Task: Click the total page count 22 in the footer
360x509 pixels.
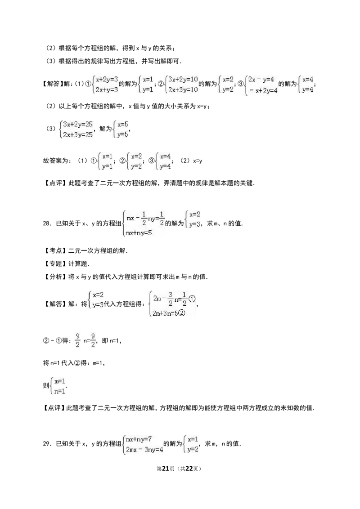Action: point(189,469)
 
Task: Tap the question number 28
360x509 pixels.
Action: point(46,223)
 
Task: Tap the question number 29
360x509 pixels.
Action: point(46,443)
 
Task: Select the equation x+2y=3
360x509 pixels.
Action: point(107,79)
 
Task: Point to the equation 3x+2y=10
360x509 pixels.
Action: point(183,79)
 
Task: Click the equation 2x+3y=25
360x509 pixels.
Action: point(78,134)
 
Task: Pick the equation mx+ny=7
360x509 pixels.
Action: point(139,439)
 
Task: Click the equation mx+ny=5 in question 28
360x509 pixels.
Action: point(139,233)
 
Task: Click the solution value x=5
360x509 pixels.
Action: point(123,124)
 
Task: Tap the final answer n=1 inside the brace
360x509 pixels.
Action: point(59,391)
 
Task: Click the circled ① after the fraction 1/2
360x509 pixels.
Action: point(192,299)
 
